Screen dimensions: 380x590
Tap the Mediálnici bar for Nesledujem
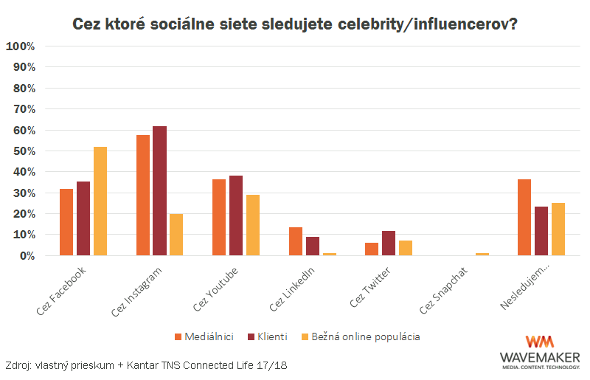coord(524,217)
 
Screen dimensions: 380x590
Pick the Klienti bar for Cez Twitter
coord(389,243)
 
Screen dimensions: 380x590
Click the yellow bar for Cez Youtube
coord(252,225)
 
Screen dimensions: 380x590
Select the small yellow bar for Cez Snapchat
coord(482,254)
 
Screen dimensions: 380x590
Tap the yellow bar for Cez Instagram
coord(176,235)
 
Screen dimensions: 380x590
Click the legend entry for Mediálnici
coord(204,336)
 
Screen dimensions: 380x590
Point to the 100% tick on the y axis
coord(20,46)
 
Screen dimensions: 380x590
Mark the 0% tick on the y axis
coord(25,255)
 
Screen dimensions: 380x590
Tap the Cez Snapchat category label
coord(445,289)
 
